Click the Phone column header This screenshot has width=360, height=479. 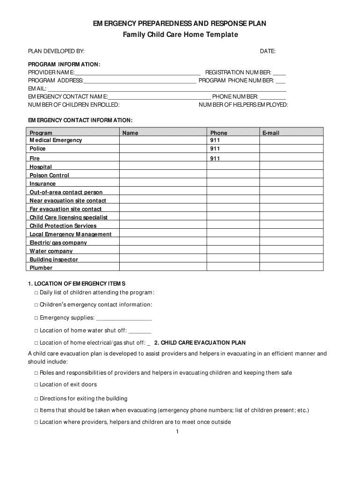[x=219, y=133]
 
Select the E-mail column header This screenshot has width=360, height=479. [x=271, y=133]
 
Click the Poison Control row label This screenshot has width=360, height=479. [x=49, y=175]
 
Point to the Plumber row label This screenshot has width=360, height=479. [x=41, y=268]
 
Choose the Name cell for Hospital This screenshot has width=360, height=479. [x=162, y=167]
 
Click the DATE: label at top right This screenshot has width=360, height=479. [x=267, y=51]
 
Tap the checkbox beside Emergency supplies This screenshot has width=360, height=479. [x=36, y=318]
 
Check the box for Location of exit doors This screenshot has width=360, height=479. [x=36, y=385]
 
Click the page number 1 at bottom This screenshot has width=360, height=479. [x=178, y=432]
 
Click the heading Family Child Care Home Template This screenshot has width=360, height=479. [x=180, y=35]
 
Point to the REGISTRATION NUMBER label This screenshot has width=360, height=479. [x=238, y=73]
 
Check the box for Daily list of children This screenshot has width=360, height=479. [x=36, y=293]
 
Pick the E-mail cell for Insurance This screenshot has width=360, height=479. [x=291, y=184]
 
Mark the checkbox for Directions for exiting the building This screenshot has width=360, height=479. [x=36, y=399]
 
